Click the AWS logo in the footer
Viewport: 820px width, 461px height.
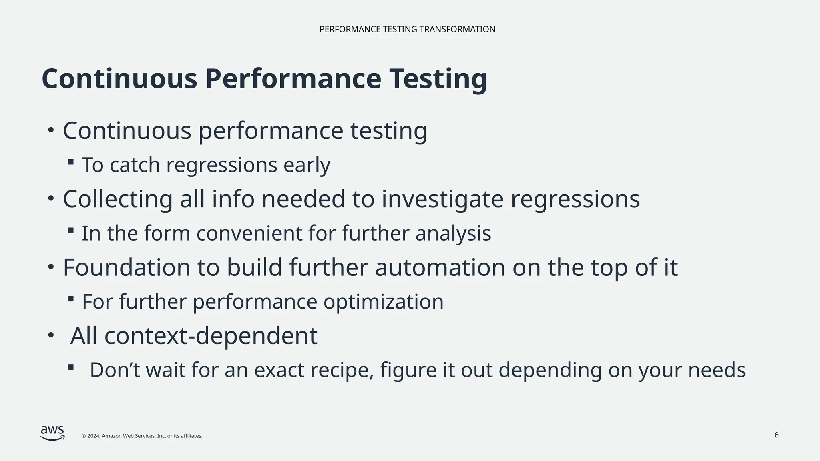point(52,433)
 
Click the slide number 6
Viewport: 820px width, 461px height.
point(776,435)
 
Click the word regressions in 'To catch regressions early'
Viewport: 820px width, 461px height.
point(221,165)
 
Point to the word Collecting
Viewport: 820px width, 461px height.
point(118,199)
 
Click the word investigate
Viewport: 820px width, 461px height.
point(442,199)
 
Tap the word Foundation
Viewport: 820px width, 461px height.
point(126,267)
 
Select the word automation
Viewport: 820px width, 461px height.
point(440,267)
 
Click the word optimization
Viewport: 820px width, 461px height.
point(383,302)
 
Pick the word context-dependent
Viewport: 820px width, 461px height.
point(211,336)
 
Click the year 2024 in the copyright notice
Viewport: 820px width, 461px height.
point(93,436)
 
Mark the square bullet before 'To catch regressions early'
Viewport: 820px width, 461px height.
point(71,162)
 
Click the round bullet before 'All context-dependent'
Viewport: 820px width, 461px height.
point(50,335)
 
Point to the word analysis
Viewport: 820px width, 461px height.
point(453,233)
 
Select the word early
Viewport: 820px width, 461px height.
point(307,165)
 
